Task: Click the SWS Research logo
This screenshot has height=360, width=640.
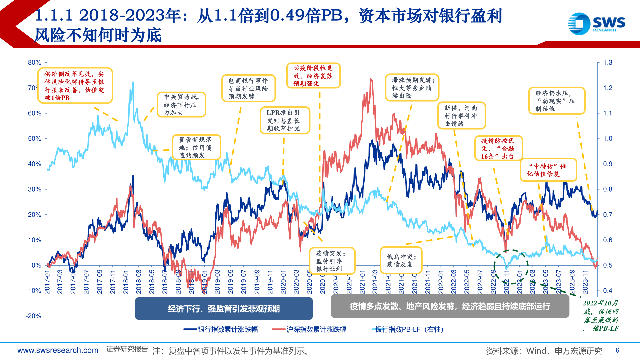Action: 596,24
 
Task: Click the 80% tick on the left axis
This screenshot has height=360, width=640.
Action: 34,63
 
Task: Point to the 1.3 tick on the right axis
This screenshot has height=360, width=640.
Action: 608,63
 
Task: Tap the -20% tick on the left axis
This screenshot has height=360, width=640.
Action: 33,316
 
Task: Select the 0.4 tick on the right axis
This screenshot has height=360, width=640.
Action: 608,291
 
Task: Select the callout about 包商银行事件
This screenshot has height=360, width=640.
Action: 248,88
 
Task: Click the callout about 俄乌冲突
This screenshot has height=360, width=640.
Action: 401,260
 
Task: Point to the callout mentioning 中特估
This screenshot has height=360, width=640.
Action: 548,170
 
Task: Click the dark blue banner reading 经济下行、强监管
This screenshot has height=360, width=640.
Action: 224,309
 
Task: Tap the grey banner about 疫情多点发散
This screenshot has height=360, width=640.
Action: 450,306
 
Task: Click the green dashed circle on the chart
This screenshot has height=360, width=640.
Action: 511,267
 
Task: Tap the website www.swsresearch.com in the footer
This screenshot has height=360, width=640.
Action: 58,350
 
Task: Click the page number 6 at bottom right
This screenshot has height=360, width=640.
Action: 617,350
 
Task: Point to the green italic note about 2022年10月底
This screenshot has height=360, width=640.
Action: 601,316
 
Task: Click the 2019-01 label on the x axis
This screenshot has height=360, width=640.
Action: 204,282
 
